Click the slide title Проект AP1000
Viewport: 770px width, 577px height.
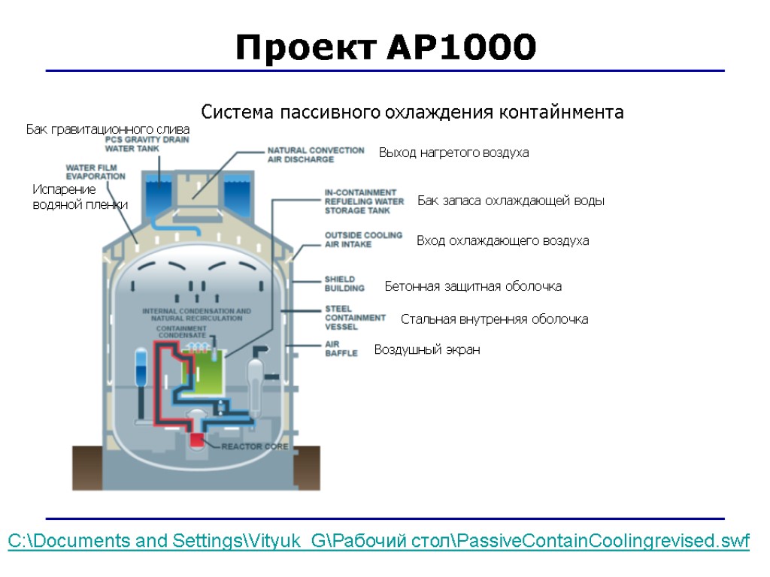(x=386, y=48)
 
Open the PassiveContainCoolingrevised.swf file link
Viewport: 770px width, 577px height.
(x=378, y=542)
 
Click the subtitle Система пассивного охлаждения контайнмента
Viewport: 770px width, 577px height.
(x=412, y=113)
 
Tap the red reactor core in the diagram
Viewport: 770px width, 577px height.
(x=198, y=441)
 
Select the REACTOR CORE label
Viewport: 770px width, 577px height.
(x=255, y=446)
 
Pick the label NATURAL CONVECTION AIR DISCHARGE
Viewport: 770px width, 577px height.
(x=316, y=155)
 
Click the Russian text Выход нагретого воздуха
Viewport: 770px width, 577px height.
(x=453, y=153)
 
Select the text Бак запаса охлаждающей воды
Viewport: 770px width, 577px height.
(x=511, y=201)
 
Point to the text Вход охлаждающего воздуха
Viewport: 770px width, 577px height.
(x=502, y=241)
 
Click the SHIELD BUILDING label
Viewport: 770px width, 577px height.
(x=344, y=283)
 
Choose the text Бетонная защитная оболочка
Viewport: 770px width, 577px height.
(x=473, y=286)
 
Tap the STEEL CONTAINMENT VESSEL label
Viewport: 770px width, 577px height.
(x=355, y=318)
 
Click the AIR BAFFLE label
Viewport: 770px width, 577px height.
(x=341, y=349)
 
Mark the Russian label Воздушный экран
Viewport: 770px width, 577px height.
(x=426, y=350)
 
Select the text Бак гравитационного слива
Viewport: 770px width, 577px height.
(x=108, y=130)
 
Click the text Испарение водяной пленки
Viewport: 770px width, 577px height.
(x=80, y=197)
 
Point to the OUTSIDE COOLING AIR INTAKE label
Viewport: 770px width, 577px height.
(x=363, y=240)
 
